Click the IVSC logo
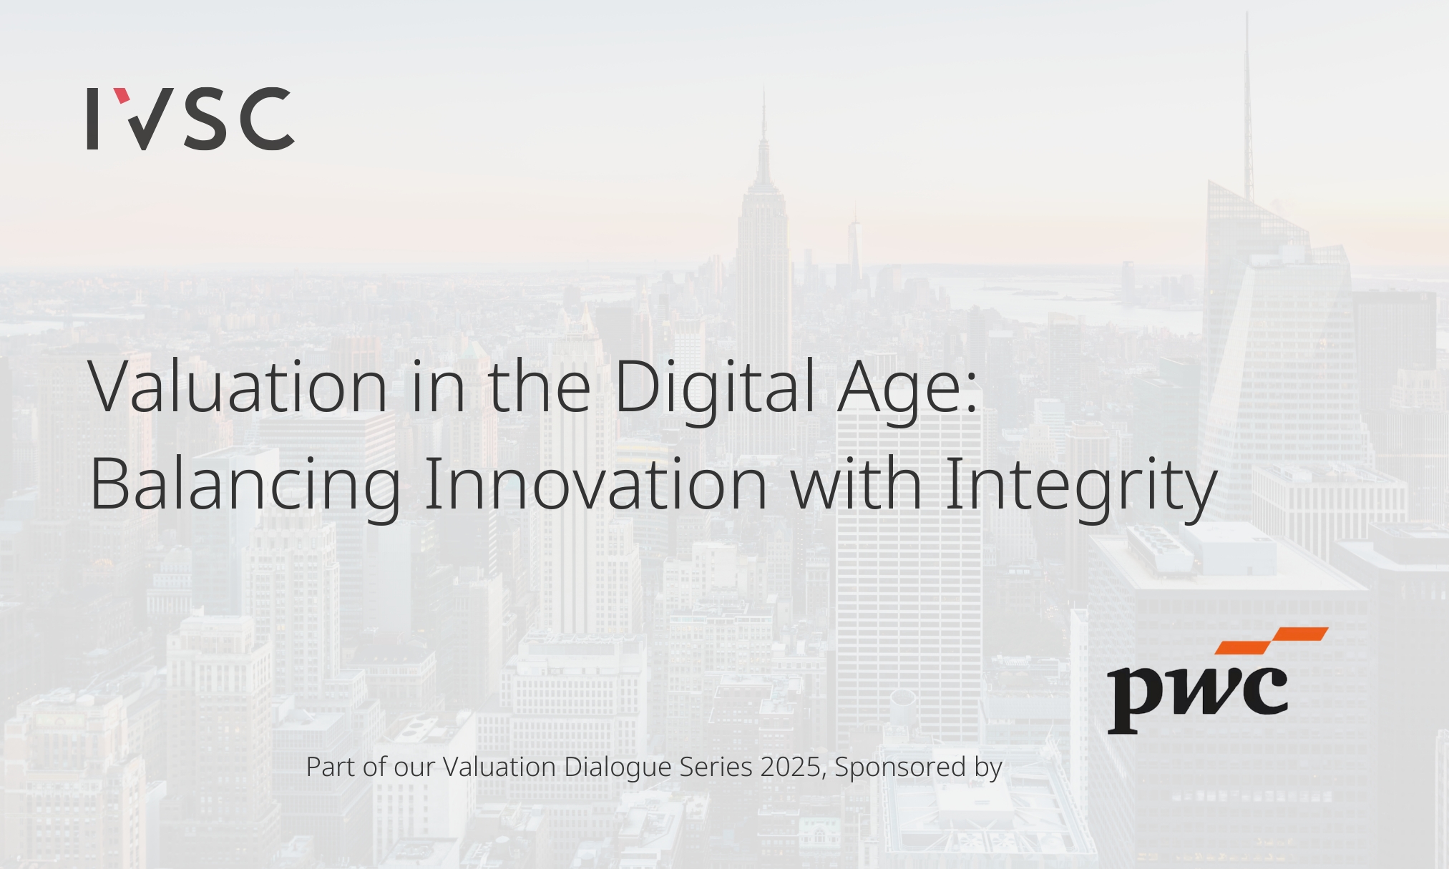point(190,119)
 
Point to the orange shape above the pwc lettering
point(1272,640)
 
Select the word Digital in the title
point(714,390)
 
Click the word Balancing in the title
point(245,486)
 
